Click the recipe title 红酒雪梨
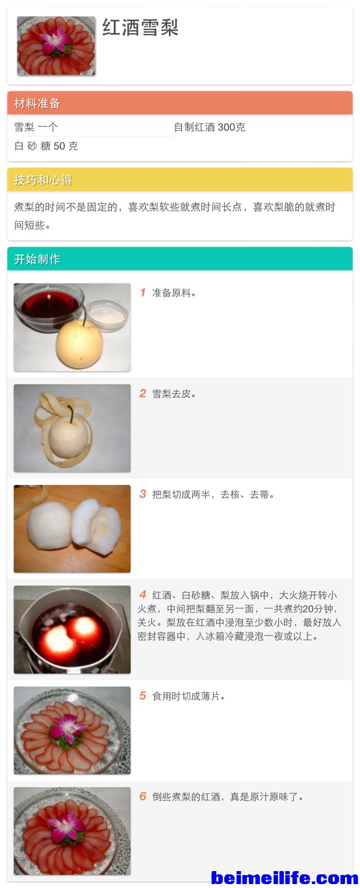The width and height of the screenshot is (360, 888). (140, 28)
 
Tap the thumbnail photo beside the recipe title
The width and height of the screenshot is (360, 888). (56, 46)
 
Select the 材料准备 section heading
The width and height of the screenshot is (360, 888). (37, 103)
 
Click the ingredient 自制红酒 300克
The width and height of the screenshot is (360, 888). (210, 127)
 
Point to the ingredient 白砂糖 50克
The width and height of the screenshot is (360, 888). (46, 146)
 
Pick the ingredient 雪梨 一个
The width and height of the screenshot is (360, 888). (36, 127)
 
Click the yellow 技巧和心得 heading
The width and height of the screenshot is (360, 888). (44, 180)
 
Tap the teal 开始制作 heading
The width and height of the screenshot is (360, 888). (37, 259)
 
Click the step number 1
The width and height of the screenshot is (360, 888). (143, 293)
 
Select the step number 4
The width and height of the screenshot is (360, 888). (143, 595)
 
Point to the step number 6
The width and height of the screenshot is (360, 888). (143, 796)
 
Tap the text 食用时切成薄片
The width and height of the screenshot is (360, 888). (186, 696)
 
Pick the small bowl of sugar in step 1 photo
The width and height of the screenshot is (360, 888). (107, 315)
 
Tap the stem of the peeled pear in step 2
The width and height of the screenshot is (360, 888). (71, 413)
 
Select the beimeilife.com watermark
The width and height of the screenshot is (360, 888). (285, 878)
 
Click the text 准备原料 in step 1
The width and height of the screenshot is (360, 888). (172, 293)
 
